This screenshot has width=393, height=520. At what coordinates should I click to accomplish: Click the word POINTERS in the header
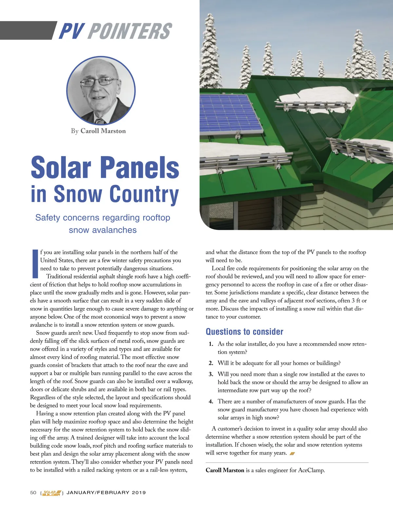click(129, 31)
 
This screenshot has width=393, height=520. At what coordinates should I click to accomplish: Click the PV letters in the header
click(71, 31)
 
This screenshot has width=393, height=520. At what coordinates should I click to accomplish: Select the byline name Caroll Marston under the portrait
click(103, 131)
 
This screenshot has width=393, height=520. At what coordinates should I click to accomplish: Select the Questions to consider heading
click(244, 332)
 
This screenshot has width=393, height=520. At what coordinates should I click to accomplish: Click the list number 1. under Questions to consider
click(211, 344)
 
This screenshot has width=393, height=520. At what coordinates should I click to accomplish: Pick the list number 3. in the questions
click(211, 374)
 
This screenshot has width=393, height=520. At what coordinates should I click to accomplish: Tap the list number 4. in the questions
click(211, 401)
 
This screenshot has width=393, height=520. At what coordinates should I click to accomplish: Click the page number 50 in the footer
click(33, 492)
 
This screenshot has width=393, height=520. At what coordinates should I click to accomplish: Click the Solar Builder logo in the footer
click(52, 493)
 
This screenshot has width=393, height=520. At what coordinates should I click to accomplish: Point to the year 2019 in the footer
click(139, 492)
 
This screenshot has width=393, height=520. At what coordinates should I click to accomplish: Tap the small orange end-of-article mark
click(292, 454)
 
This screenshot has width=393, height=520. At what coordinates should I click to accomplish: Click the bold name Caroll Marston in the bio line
click(225, 470)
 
